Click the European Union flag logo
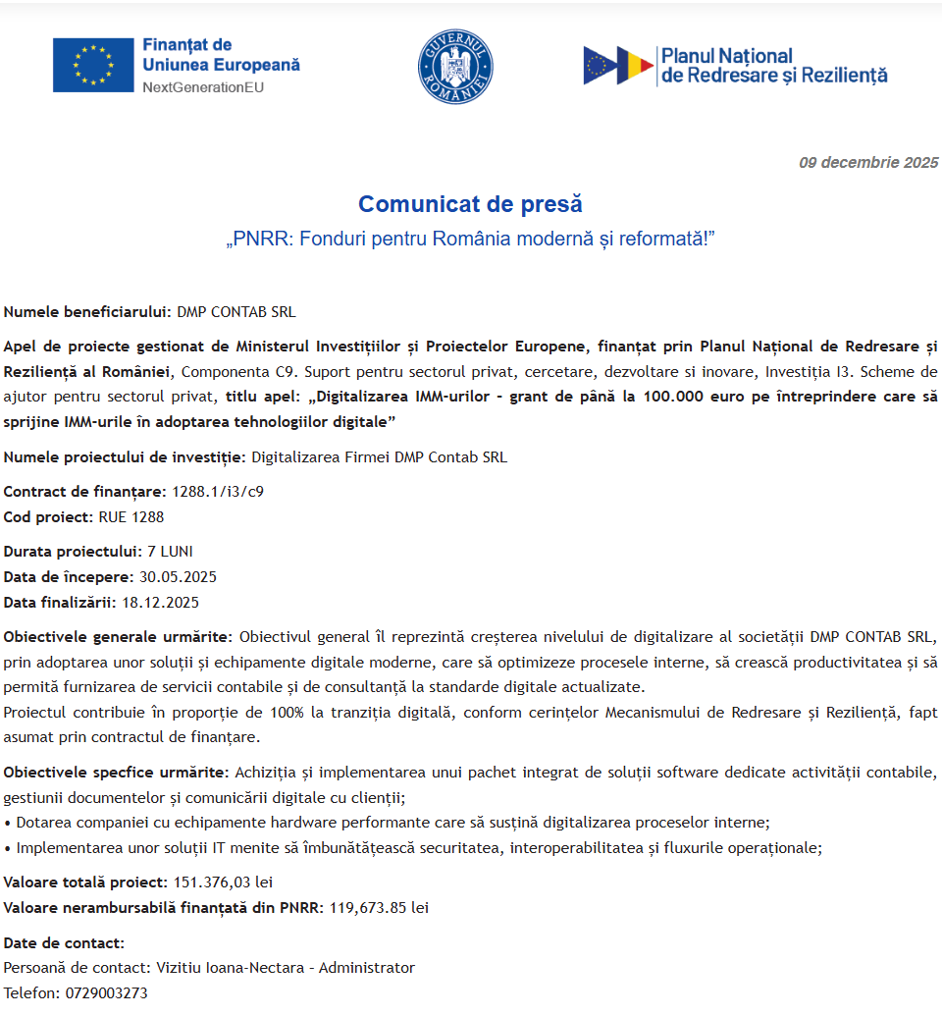(93, 65)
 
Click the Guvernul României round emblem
(454, 66)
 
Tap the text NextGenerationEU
(203, 87)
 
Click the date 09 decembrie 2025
(868, 163)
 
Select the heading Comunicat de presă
(470, 204)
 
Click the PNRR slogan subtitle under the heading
(470, 241)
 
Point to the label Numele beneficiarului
(87, 312)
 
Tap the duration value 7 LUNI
(163, 552)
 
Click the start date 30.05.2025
(178, 577)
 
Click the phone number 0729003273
(107, 993)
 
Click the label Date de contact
(64, 943)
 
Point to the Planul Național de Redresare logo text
(773, 66)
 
